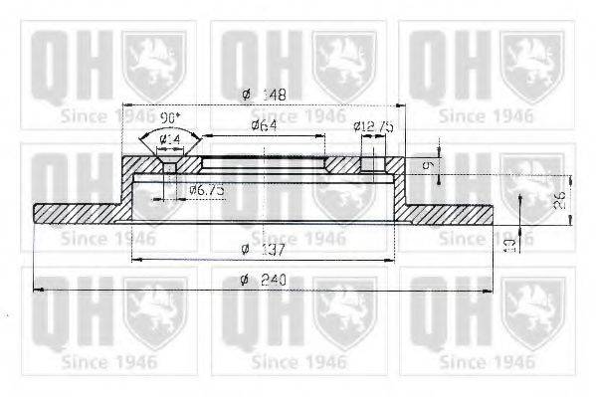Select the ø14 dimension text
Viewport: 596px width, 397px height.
(171, 137)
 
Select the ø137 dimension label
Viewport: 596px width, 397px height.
(261, 249)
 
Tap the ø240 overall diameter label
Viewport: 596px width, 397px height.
(261, 281)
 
